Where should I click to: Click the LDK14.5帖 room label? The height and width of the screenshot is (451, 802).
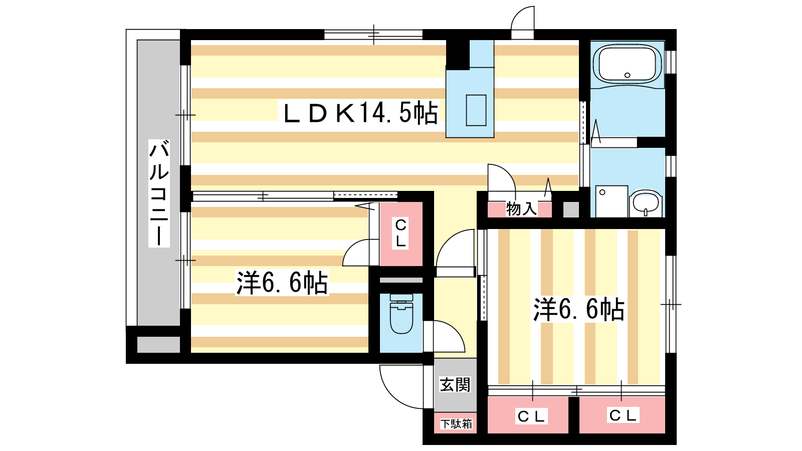pyautogui.click(x=360, y=113)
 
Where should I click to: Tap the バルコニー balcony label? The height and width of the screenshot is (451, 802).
pyautogui.click(x=159, y=193)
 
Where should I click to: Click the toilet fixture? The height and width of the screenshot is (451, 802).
pyautogui.click(x=402, y=314)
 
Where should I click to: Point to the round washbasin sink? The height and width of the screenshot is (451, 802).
pyautogui.click(x=646, y=203)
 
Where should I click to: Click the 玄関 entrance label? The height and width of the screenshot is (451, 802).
pyautogui.click(x=455, y=385)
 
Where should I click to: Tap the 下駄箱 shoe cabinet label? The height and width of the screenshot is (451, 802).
pyautogui.click(x=456, y=424)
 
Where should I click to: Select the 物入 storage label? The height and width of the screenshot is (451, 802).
pyautogui.click(x=521, y=208)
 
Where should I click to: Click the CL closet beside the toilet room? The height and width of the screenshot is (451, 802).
pyautogui.click(x=401, y=234)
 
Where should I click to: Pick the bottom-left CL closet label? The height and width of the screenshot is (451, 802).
pyautogui.click(x=531, y=416)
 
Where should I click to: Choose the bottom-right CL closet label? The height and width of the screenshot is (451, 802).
pyautogui.click(x=623, y=415)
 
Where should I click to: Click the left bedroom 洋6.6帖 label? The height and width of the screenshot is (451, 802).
pyautogui.click(x=282, y=283)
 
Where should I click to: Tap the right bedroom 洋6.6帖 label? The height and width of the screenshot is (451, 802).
pyautogui.click(x=578, y=309)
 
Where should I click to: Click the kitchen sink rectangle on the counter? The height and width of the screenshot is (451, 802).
pyautogui.click(x=476, y=110)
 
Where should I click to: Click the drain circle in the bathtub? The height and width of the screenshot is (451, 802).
pyautogui.click(x=627, y=75)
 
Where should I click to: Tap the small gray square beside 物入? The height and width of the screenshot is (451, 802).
pyautogui.click(x=571, y=210)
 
